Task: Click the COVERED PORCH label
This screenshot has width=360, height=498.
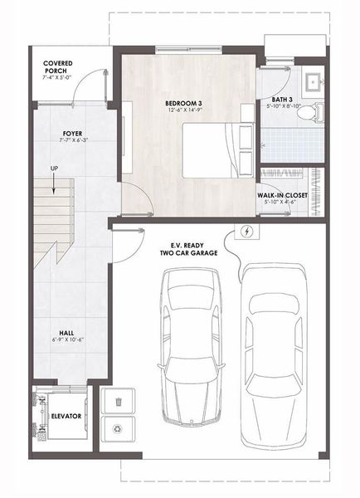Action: point(59,67)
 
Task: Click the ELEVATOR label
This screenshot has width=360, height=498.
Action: point(66,416)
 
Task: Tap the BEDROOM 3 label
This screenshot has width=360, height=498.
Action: point(183,103)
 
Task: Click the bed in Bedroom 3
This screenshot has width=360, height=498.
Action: point(217,148)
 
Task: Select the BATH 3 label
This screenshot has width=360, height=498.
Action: point(280,98)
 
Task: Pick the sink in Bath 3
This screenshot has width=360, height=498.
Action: point(314,81)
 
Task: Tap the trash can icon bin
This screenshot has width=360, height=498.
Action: point(119,402)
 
